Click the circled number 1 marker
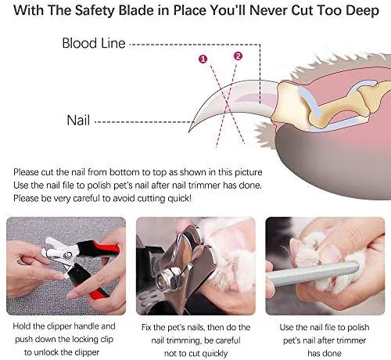(203, 59)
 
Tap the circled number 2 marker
(238, 56)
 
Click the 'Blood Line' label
(94, 43)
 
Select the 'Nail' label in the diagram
(78, 121)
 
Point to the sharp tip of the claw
(189, 131)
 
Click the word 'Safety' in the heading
(95, 11)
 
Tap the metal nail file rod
(313, 273)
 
